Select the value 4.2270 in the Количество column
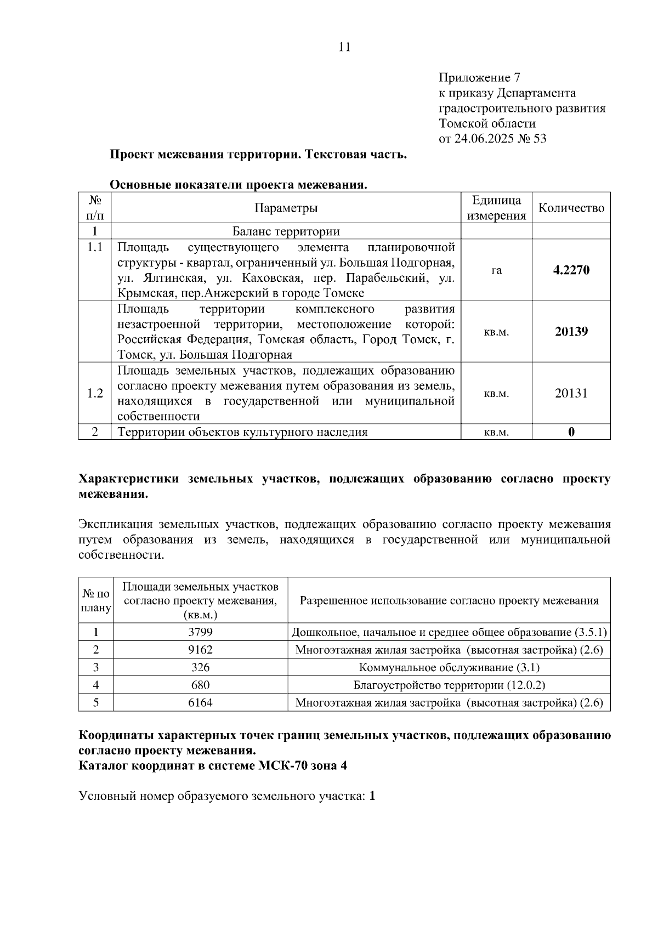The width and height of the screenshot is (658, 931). (571, 270)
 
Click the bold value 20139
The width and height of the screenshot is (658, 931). (571, 332)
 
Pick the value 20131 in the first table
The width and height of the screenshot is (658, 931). (571, 393)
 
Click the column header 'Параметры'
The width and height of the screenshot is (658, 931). (286, 208)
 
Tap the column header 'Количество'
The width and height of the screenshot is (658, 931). (571, 208)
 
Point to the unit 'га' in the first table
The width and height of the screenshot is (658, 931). (496, 270)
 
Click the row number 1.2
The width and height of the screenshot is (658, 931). (95, 393)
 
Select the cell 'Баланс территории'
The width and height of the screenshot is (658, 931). (286, 231)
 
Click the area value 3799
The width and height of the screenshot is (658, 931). (200, 632)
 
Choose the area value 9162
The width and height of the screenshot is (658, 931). (200, 650)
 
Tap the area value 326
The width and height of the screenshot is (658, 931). (200, 668)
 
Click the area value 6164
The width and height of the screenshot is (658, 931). (200, 703)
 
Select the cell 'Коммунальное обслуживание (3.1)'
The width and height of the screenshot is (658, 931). (449, 668)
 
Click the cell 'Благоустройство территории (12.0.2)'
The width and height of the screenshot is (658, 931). (449, 685)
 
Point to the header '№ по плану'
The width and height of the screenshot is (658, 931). (96, 601)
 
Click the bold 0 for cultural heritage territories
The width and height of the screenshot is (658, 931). (571, 432)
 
